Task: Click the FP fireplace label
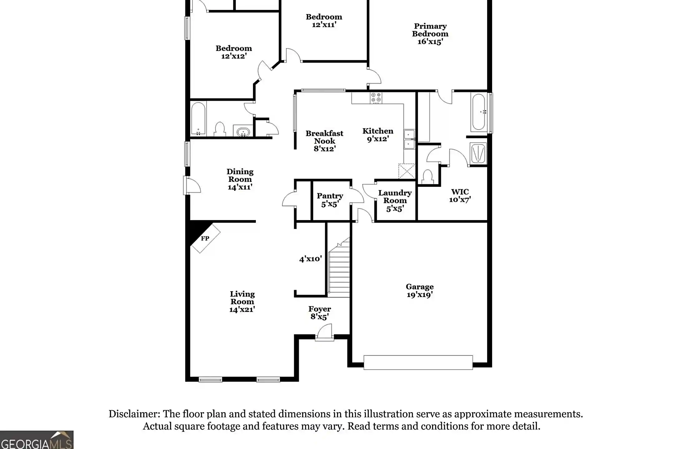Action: (205, 239)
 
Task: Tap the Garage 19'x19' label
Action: (420, 291)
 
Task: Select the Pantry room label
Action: (330, 200)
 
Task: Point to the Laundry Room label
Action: (395, 200)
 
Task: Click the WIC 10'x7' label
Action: (460, 196)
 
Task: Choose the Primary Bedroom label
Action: (430, 34)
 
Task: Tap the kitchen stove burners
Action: (376, 98)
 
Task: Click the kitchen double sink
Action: (409, 139)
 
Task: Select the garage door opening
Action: (418, 362)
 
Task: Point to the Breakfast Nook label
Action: (325, 141)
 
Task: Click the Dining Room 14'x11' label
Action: (240, 179)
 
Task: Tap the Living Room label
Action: (242, 302)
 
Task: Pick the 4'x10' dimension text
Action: (310, 259)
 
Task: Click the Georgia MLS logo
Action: (37, 440)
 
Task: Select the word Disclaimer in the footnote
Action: (134, 414)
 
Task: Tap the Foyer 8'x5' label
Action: (320, 313)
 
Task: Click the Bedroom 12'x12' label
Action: (234, 52)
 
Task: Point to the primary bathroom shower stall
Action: (478, 153)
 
